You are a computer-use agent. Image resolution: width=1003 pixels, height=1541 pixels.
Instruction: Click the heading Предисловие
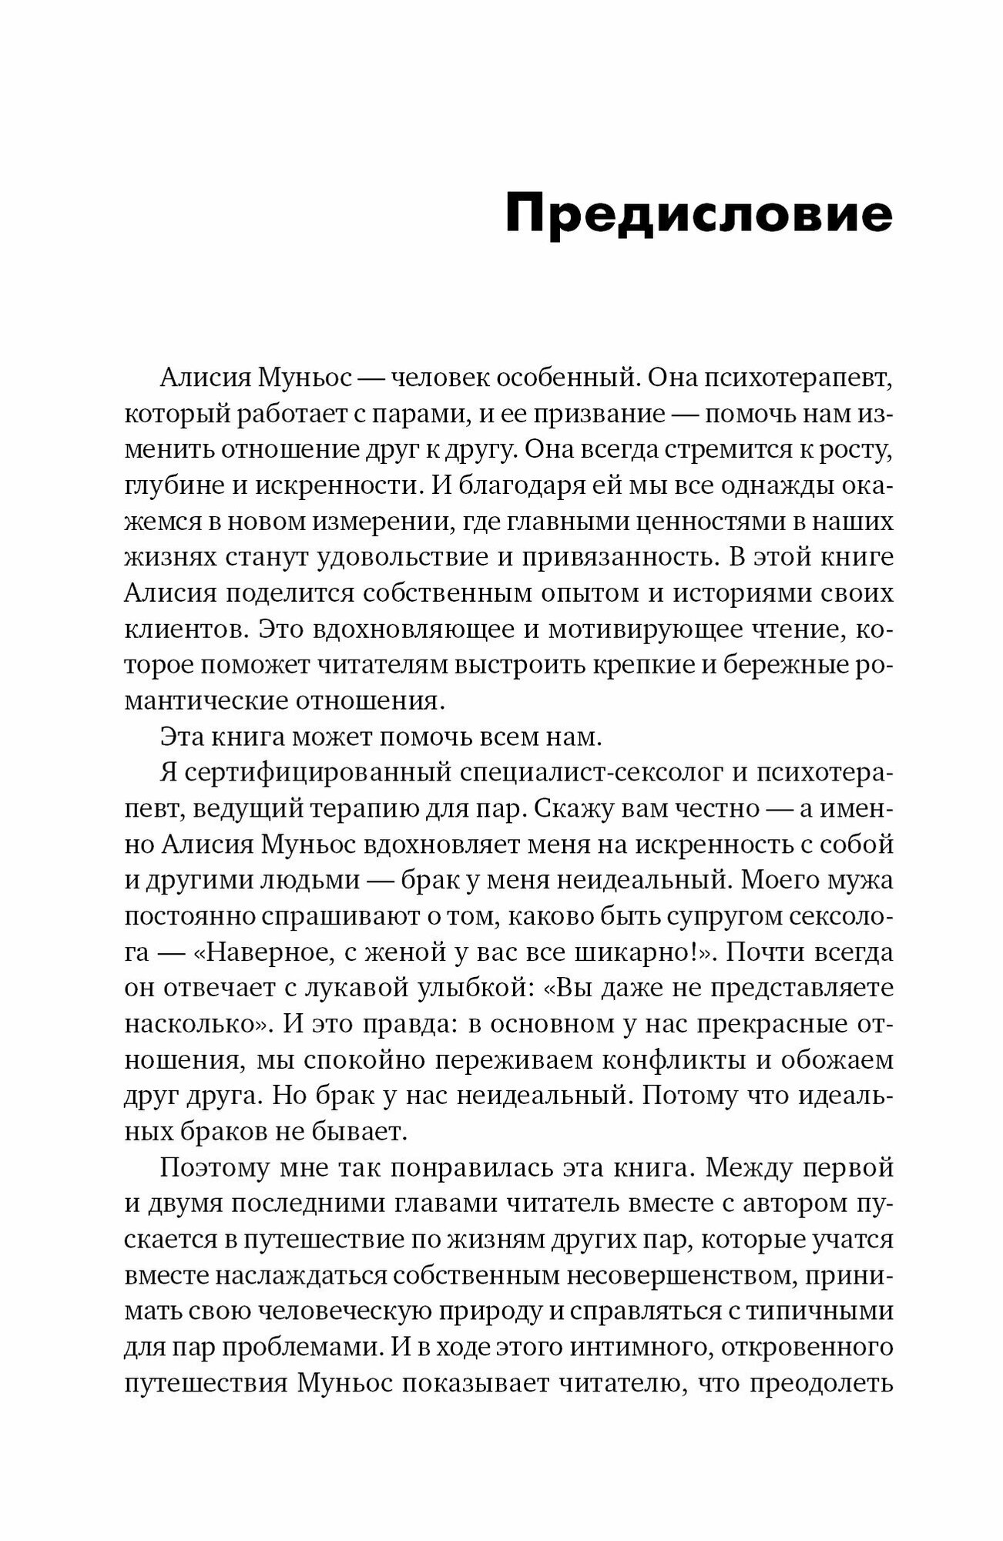699,215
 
